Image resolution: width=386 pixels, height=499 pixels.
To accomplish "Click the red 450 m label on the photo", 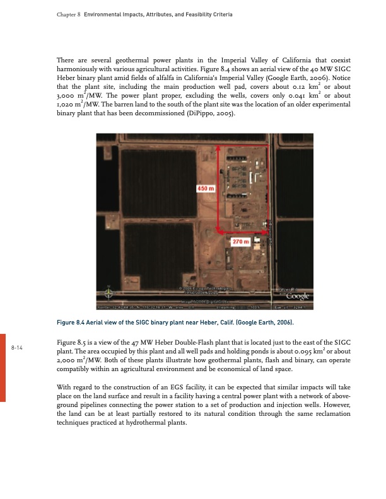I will click(x=206, y=188).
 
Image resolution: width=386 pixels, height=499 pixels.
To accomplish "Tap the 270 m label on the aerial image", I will click(x=241, y=241).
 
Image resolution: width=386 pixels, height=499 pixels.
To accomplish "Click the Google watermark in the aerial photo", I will click(x=298, y=295).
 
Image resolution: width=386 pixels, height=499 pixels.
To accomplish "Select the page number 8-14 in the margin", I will click(x=17, y=348).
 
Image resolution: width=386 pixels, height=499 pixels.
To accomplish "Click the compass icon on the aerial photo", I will click(x=110, y=293).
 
